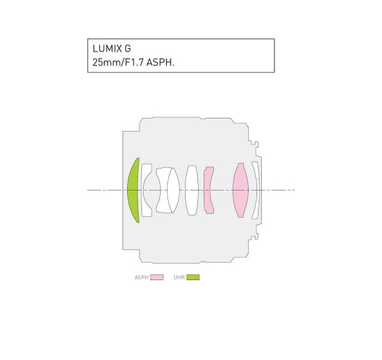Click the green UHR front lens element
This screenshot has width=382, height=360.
click(134, 190)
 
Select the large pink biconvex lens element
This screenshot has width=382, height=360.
click(240, 190)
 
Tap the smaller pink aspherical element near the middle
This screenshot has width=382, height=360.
click(208, 190)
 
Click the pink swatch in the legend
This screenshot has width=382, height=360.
click(157, 277)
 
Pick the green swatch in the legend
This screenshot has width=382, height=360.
click(193, 277)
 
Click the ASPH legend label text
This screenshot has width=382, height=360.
click(141, 277)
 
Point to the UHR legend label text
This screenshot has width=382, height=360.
click(179, 277)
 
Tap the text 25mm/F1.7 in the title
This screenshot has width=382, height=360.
click(114, 63)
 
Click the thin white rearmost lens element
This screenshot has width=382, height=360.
click(255, 190)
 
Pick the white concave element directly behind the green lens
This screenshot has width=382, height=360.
click(146, 190)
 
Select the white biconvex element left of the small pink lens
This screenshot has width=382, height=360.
click(192, 190)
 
